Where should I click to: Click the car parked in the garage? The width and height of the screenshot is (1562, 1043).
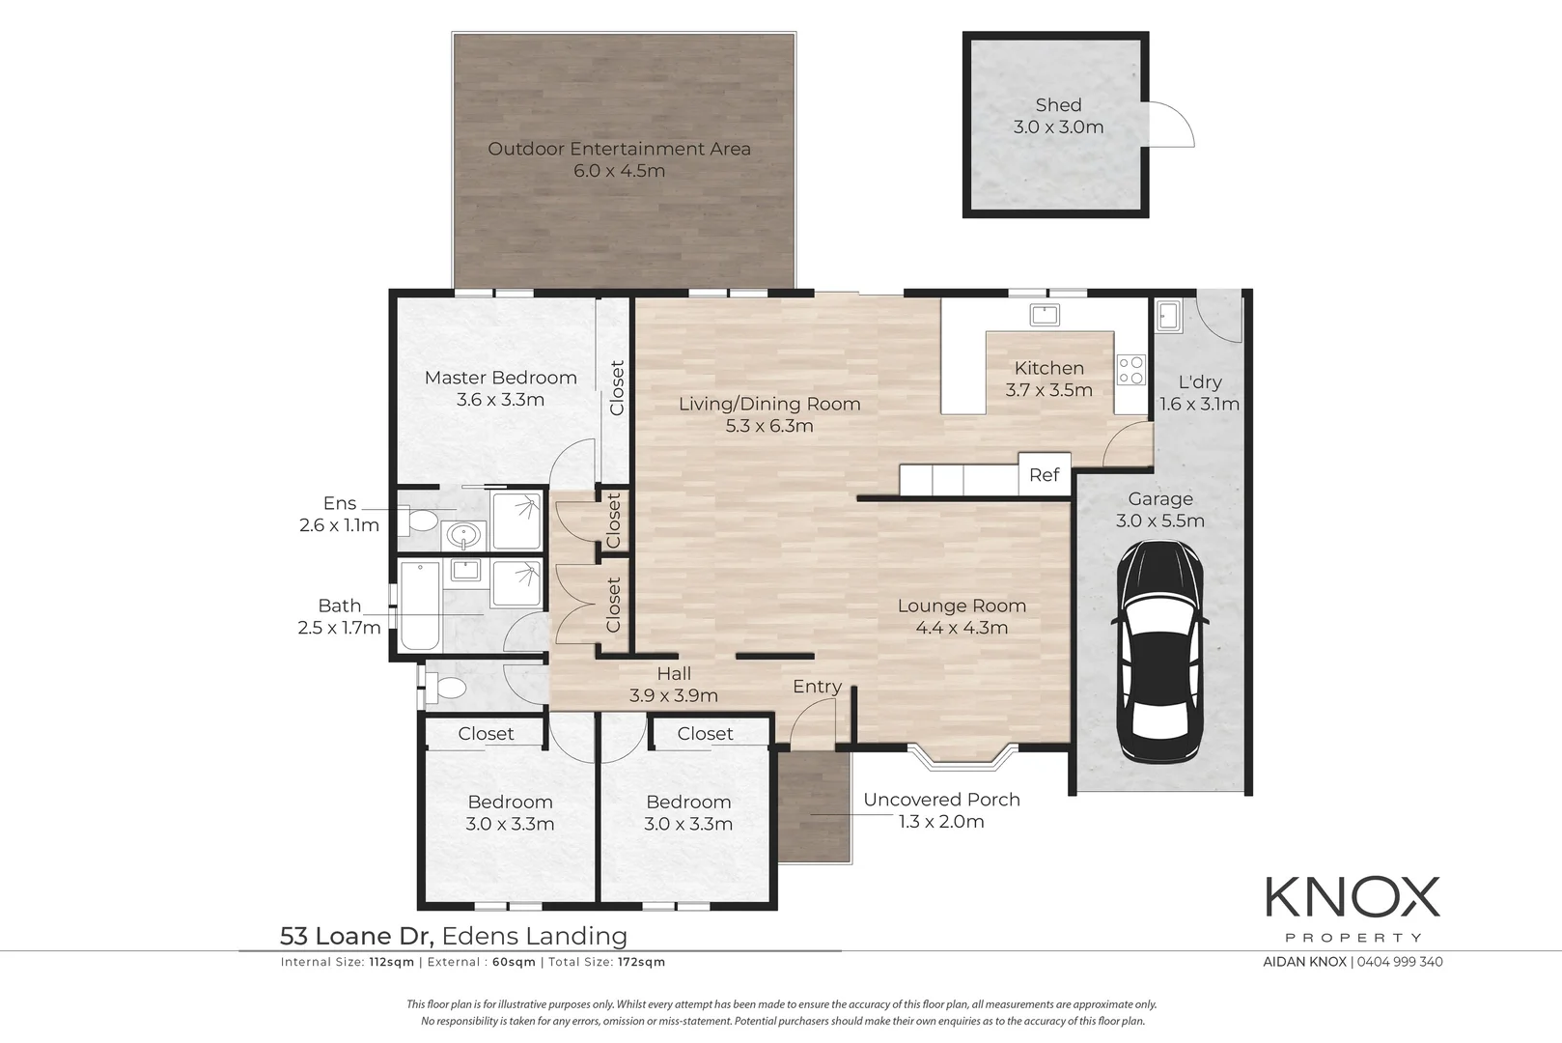pyautogui.click(x=1159, y=652)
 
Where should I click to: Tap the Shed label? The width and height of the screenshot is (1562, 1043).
pyautogui.click(x=1058, y=105)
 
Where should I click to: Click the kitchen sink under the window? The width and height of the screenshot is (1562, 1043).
pyautogui.click(x=1044, y=315)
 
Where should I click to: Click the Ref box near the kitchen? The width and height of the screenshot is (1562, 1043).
pyautogui.click(x=1044, y=474)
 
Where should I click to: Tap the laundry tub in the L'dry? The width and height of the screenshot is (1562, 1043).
pyautogui.click(x=1167, y=316)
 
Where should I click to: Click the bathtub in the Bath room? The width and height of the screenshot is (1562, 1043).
pyautogui.click(x=419, y=606)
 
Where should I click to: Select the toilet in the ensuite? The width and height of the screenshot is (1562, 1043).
pyautogui.click(x=421, y=522)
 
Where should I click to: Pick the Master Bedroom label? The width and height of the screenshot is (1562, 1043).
pyautogui.click(x=500, y=378)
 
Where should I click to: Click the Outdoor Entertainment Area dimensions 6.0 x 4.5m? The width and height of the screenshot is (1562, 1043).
pyautogui.click(x=619, y=171)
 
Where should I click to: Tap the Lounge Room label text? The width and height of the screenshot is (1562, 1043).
pyautogui.click(x=962, y=606)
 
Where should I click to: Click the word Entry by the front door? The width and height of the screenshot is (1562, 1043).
pyautogui.click(x=817, y=687)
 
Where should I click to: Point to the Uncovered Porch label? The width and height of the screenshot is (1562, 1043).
pyautogui.click(x=941, y=800)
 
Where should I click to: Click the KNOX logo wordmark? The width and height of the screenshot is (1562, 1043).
pyautogui.click(x=1352, y=897)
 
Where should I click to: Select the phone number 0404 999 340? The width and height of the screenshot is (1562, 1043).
pyautogui.click(x=1401, y=962)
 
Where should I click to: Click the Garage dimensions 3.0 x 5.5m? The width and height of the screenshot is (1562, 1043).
pyautogui.click(x=1160, y=521)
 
